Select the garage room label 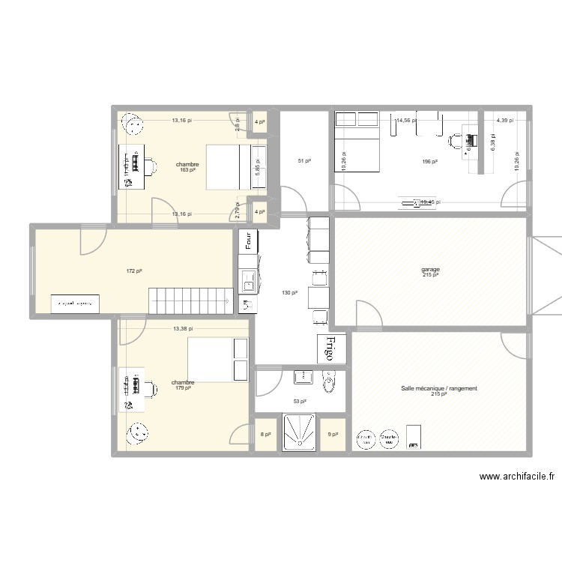click(430, 271)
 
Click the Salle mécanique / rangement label click(438, 390)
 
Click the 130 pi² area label click(289, 293)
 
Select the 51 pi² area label click(304, 161)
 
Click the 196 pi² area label click(429, 162)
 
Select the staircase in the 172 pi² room click(189, 300)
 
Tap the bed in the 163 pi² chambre click(223, 166)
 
